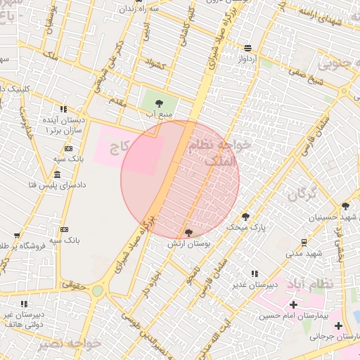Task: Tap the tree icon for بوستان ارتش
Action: pos(188,233)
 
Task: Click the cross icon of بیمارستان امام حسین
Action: pos(293,304)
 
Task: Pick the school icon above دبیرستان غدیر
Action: pos(255,274)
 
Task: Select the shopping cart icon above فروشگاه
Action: pos(17,236)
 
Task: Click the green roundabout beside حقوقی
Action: pos(97,290)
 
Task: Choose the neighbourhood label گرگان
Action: pos(300,193)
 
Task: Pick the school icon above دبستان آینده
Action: pos(63,110)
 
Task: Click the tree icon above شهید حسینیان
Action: pos(345,206)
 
